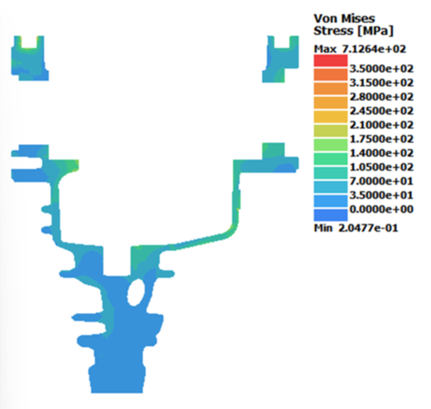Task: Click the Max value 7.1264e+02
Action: pyautogui.click(x=374, y=49)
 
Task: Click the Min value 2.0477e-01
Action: pyautogui.click(x=368, y=228)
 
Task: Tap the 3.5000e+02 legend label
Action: pyautogui.click(x=381, y=69)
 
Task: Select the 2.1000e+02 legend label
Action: pyautogui.click(x=381, y=125)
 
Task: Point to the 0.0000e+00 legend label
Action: pyautogui.click(x=381, y=209)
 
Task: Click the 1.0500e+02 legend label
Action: pyautogui.click(x=381, y=167)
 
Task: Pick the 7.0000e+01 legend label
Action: pyautogui.click(x=381, y=181)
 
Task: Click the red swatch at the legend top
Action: pyautogui.click(x=331, y=60)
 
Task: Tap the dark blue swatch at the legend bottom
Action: pyautogui.click(x=331, y=214)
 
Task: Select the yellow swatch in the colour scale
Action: pyautogui.click(x=331, y=117)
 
